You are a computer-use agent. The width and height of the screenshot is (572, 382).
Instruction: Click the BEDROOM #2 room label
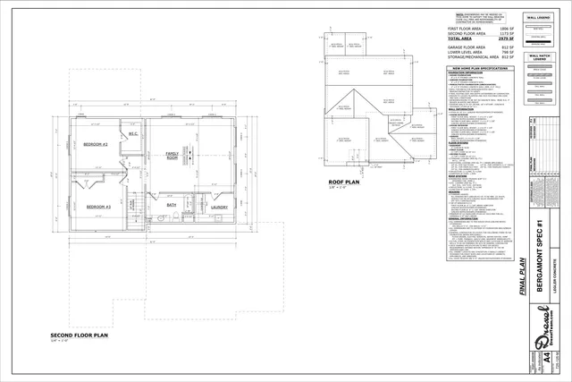(x=96, y=144)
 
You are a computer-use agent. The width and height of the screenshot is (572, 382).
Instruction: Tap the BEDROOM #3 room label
(x=97, y=207)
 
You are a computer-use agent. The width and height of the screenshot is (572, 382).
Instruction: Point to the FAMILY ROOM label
(x=172, y=156)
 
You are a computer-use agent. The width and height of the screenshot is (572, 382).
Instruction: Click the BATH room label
(x=172, y=206)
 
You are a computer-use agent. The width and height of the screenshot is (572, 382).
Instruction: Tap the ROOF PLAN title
(x=342, y=182)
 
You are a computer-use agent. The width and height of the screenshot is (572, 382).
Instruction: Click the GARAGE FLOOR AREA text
(x=470, y=48)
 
